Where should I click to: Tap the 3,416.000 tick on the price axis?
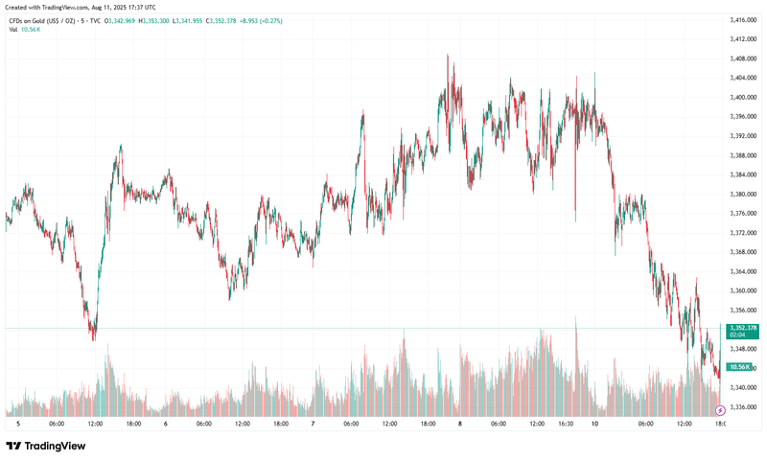[x=745, y=19]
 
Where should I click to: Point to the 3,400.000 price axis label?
[x=745, y=97]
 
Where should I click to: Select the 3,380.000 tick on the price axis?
[x=745, y=194]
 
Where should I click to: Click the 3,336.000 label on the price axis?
[x=745, y=406]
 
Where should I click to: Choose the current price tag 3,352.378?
[x=744, y=328]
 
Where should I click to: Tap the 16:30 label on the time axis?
[x=567, y=423]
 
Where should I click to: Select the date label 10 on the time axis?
[x=595, y=423]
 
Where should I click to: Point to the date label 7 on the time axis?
[x=314, y=423]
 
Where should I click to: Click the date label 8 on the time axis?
[x=460, y=423]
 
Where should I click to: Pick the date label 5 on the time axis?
[x=18, y=423]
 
